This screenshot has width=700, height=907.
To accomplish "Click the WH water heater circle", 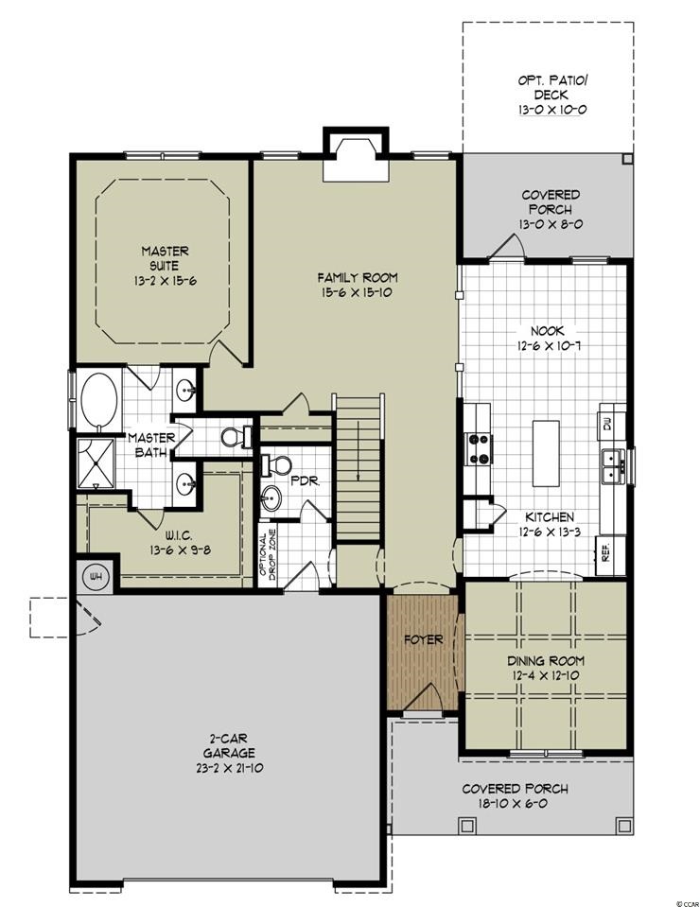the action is point(96,577).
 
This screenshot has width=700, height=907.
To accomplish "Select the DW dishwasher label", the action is point(607,426).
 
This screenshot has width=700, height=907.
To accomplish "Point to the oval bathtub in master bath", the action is point(99,400).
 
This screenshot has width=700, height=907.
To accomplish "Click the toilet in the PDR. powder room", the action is point(277,464).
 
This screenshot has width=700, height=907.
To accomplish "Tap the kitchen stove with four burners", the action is point(479,449).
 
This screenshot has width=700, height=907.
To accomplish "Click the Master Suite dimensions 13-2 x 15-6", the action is point(166,281).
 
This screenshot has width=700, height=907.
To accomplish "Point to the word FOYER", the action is point(424,639).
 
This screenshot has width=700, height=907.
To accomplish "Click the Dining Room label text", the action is point(546,660).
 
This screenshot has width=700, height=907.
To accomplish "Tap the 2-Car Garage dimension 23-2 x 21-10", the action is point(229,768).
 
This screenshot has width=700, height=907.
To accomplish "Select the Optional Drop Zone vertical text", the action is point(267,555).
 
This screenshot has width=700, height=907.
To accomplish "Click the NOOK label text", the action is point(548,331).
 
